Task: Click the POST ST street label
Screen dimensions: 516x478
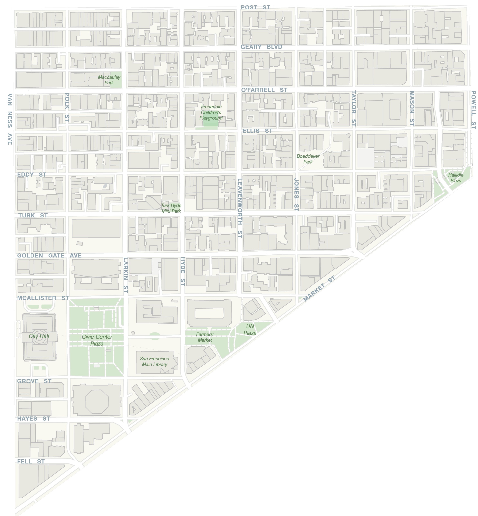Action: (255, 8)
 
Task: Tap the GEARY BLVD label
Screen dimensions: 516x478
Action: (261, 47)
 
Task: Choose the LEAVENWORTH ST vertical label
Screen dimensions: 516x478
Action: (240, 208)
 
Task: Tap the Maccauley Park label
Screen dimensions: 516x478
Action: (109, 80)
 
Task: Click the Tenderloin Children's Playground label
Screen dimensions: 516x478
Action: (211, 112)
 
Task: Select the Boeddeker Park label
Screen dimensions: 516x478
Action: (308, 159)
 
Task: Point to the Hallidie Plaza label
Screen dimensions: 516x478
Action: (456, 178)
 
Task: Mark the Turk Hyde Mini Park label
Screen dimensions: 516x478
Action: (171, 208)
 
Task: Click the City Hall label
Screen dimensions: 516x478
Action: (39, 336)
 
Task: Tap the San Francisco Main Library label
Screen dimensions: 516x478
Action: (154, 362)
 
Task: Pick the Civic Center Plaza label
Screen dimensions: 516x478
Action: (97, 340)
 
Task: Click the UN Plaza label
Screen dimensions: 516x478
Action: (250, 329)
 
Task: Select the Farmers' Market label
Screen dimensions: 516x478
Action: (205, 337)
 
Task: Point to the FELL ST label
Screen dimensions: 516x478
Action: (31, 461)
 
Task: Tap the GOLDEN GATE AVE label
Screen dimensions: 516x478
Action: (49, 255)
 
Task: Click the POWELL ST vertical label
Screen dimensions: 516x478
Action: (473, 110)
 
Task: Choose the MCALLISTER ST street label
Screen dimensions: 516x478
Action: (43, 298)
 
